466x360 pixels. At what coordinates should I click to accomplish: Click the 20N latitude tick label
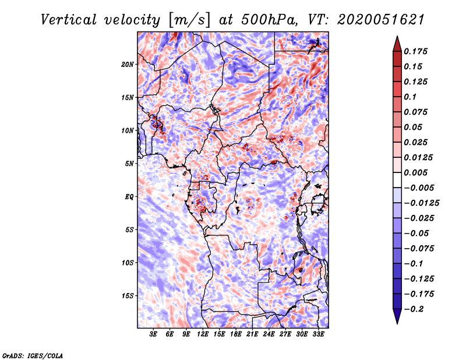pyautogui.click(x=128, y=64)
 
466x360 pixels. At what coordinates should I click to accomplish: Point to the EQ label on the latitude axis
pyautogui.click(x=129, y=197)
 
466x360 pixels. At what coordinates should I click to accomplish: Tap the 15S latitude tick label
pyautogui.click(x=128, y=296)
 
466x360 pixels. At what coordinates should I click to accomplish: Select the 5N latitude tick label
pyautogui.click(x=129, y=164)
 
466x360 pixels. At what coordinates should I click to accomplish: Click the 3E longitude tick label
pyautogui.click(x=154, y=334)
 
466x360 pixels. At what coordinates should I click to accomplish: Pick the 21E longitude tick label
pyautogui.click(x=253, y=334)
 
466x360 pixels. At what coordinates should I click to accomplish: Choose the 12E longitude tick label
pyautogui.click(x=203, y=334)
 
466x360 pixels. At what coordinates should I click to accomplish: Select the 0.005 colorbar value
pyautogui.click(x=416, y=173)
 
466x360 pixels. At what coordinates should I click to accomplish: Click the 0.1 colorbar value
pyautogui.click(x=410, y=97)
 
